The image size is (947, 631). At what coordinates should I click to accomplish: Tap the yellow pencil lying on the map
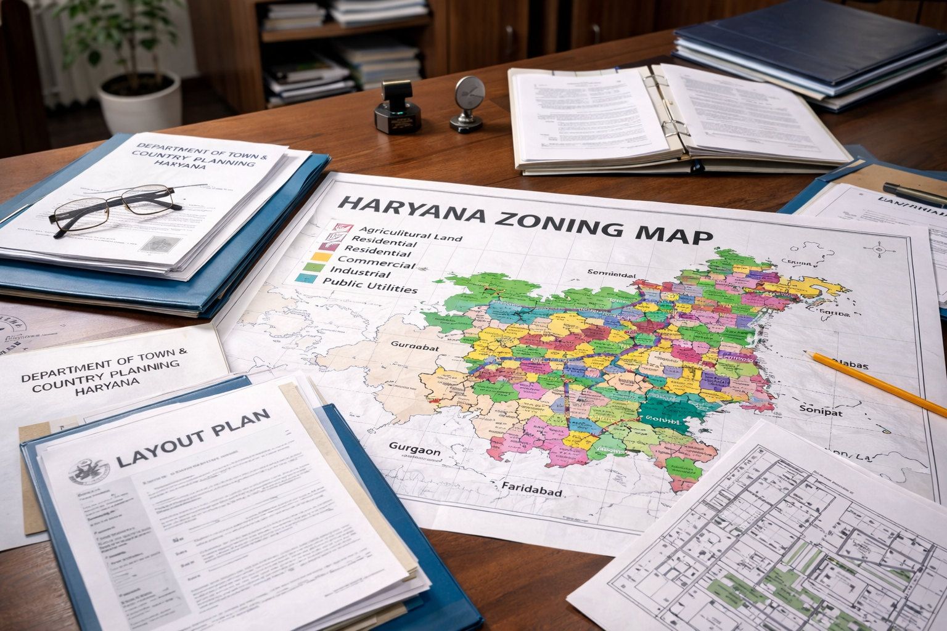[x=875, y=383]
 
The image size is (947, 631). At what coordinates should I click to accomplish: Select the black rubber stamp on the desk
[x=397, y=107]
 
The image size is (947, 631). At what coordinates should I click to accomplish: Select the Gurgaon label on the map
[x=414, y=450]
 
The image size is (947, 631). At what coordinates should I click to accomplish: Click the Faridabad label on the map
[x=531, y=489]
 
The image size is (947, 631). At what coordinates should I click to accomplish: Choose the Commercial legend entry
[x=376, y=263]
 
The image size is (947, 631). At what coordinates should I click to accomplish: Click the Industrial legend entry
[x=360, y=272]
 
